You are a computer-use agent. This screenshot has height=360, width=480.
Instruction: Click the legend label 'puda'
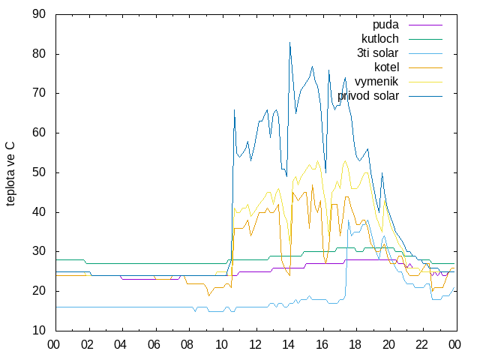point(385,25)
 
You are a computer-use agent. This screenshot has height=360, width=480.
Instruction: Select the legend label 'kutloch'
point(380,39)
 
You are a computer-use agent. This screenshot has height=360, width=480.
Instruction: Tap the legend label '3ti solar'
point(378,53)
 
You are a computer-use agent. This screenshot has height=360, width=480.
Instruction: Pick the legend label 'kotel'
point(387,67)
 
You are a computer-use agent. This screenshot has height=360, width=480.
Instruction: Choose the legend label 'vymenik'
point(376,82)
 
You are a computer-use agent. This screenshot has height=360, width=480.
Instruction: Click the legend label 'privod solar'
point(368,96)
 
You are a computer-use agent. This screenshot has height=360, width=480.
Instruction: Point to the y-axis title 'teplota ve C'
point(10,174)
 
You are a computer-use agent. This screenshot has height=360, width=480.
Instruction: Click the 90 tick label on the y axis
point(39,14)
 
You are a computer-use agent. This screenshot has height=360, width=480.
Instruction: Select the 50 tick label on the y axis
point(39,172)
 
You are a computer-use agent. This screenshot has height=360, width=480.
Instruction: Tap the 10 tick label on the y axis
point(39,331)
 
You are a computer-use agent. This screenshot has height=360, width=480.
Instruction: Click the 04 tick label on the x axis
point(120,345)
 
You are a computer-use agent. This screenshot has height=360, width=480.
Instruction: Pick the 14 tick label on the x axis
point(288,345)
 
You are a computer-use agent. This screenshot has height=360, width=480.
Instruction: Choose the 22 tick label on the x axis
point(421,345)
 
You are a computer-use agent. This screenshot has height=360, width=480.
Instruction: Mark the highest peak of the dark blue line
point(289,42)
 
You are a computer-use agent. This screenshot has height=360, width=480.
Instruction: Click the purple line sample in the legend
point(425,25)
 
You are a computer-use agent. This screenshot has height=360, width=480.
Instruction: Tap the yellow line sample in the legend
point(425,82)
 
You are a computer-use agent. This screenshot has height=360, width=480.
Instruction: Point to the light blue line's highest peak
point(348,220)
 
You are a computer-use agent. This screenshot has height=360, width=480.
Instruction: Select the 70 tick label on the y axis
point(39,93)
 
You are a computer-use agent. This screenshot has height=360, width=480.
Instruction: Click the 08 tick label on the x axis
point(187,345)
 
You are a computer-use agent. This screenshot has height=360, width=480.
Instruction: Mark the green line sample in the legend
point(425,39)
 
